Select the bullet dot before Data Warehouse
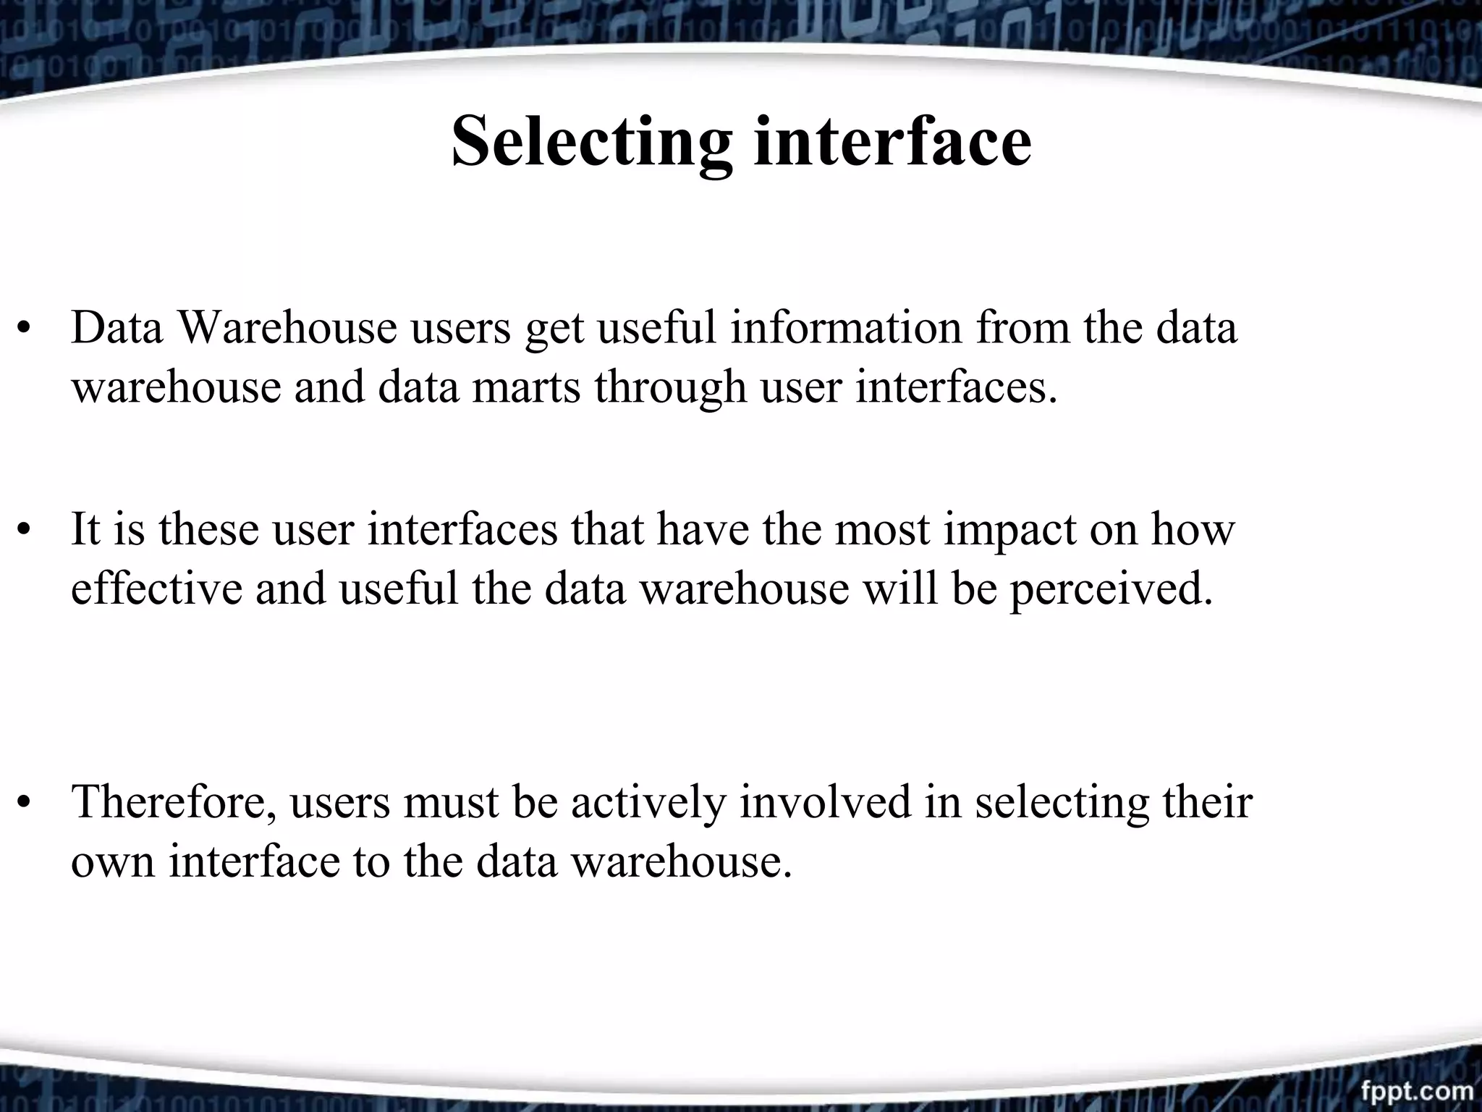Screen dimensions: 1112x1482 tap(25, 330)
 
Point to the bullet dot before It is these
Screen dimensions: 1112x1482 tap(25, 531)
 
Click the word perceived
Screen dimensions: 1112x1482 tap(1111, 589)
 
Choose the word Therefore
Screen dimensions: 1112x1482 tap(174, 802)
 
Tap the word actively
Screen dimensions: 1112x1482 tap(648, 803)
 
